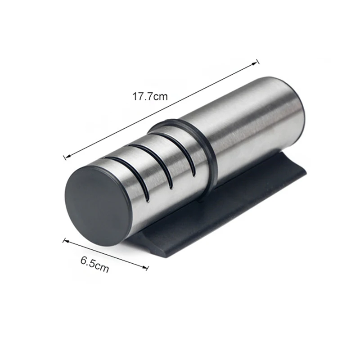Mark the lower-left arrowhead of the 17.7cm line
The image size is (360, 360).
coord(67,157)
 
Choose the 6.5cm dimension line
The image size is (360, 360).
coord(106,255)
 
